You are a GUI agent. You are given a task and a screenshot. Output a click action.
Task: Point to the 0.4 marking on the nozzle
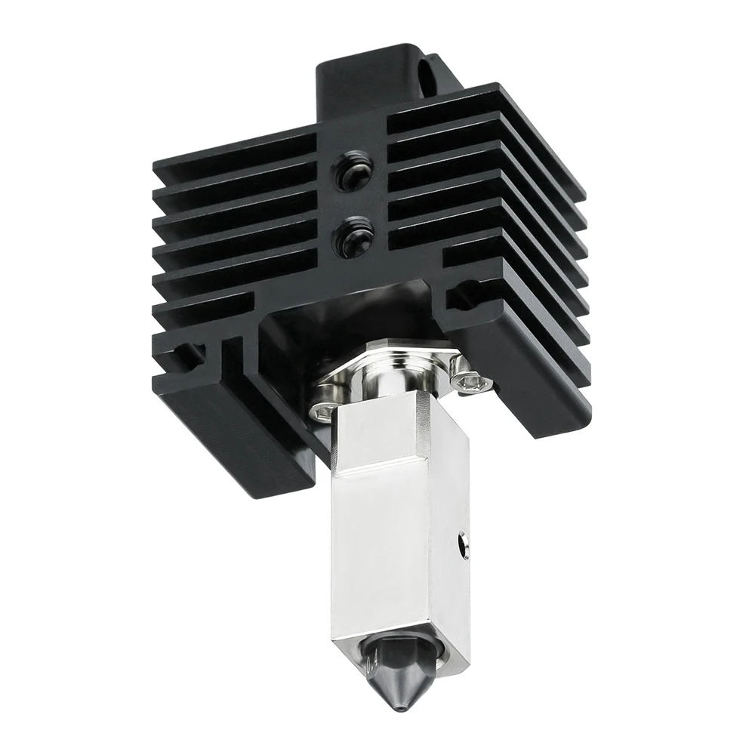(368, 665)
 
